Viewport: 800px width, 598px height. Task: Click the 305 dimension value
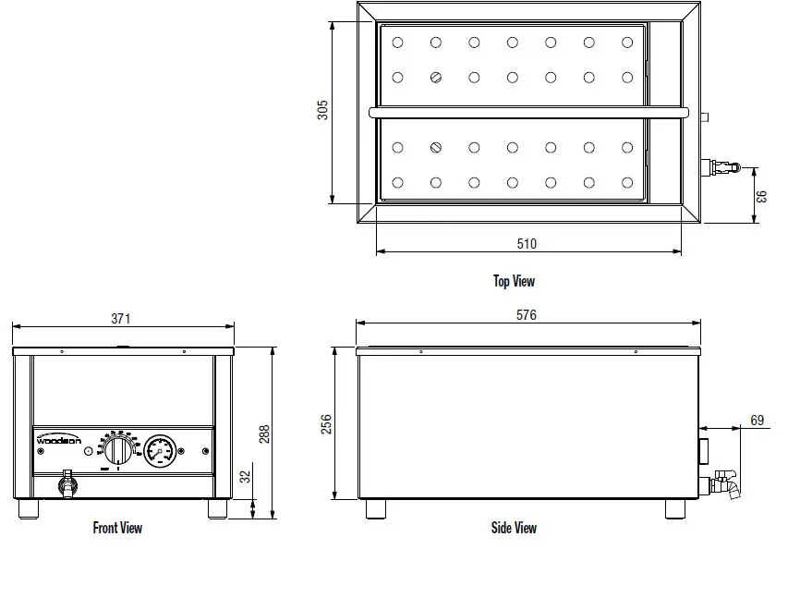tap(322, 110)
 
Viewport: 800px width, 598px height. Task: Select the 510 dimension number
tap(526, 244)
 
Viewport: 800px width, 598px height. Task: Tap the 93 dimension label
tap(762, 197)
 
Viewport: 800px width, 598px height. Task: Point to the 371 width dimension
tap(121, 318)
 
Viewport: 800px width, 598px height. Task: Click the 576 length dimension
tap(526, 315)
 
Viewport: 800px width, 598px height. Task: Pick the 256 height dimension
tap(325, 424)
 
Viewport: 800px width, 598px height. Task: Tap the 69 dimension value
tap(757, 421)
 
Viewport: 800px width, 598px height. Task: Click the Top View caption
tap(514, 281)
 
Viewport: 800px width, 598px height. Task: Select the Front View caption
tap(117, 528)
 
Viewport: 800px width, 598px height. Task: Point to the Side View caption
tap(514, 528)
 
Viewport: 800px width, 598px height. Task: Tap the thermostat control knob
tap(117, 452)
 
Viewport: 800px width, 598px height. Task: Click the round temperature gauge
tap(159, 451)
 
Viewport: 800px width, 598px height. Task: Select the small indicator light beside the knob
tap(88, 452)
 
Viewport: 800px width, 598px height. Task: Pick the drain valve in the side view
tap(725, 482)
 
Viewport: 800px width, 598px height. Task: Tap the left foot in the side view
tap(375, 508)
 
